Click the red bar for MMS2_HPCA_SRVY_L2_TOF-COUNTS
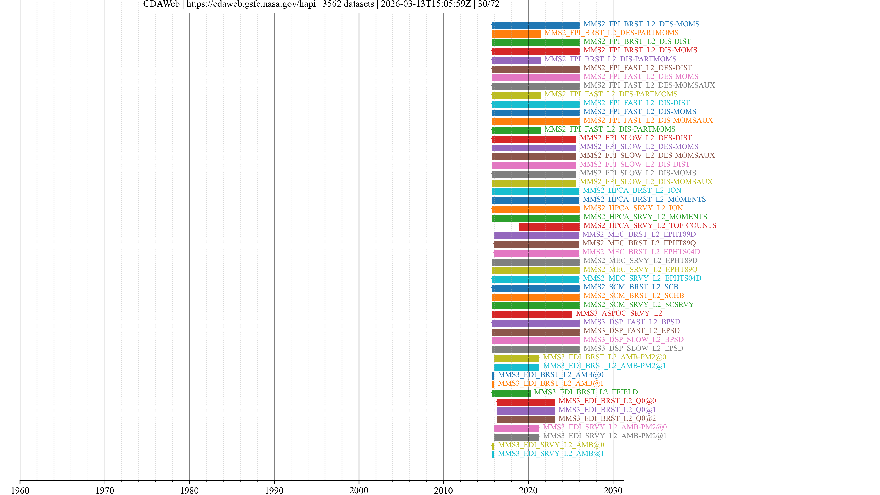[549, 227]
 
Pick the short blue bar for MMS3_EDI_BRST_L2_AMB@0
[493, 376]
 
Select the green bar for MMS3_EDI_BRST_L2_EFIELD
[511, 393]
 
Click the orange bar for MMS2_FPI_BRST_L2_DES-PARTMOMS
[516, 34]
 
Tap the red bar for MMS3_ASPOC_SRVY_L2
[532, 314]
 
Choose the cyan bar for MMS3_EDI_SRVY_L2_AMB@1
[493, 455]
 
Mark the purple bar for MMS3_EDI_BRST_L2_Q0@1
[525, 411]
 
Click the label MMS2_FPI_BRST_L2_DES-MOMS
[641, 24]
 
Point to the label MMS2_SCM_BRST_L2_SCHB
[633, 295]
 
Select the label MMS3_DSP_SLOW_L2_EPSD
[633, 348]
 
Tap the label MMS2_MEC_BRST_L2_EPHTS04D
[641, 252]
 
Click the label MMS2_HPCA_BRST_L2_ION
[632, 190]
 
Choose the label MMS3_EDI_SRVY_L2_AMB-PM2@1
[605, 436]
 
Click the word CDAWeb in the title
[161, 4]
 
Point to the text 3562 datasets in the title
[348, 4]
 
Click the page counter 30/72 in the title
[489, 4]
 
